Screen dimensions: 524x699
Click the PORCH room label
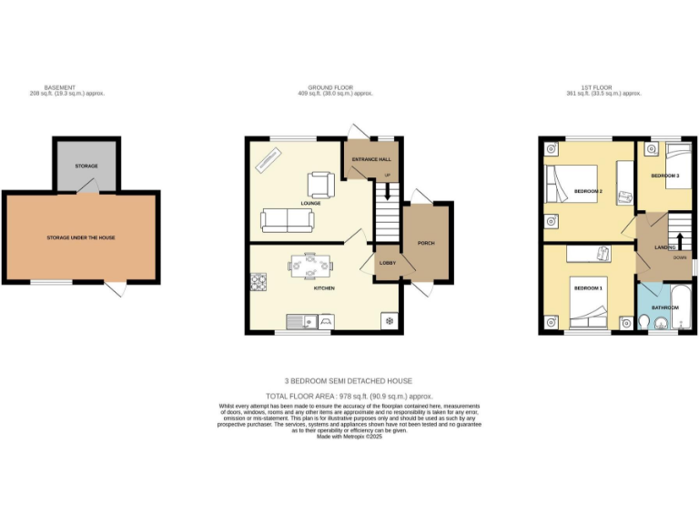(x=425, y=244)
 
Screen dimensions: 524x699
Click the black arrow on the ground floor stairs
(x=388, y=191)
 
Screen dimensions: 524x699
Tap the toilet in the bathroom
(x=645, y=321)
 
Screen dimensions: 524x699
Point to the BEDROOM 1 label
(x=587, y=288)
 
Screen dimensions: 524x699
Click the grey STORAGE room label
(x=86, y=166)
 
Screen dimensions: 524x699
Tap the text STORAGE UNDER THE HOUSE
(x=81, y=237)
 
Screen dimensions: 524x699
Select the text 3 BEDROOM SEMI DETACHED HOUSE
(x=349, y=381)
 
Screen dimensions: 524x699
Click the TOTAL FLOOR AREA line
(x=349, y=397)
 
